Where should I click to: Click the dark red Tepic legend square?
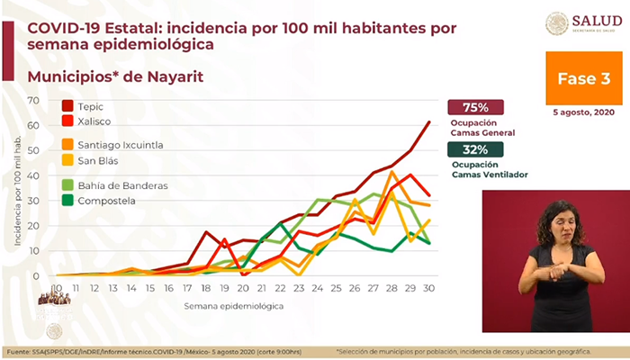67,105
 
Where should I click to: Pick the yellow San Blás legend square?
67,160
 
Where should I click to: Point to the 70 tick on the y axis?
34,100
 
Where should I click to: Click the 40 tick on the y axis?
34,175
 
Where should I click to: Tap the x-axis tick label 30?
429,288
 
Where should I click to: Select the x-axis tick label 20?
242,288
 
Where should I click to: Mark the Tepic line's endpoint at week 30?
429,121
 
